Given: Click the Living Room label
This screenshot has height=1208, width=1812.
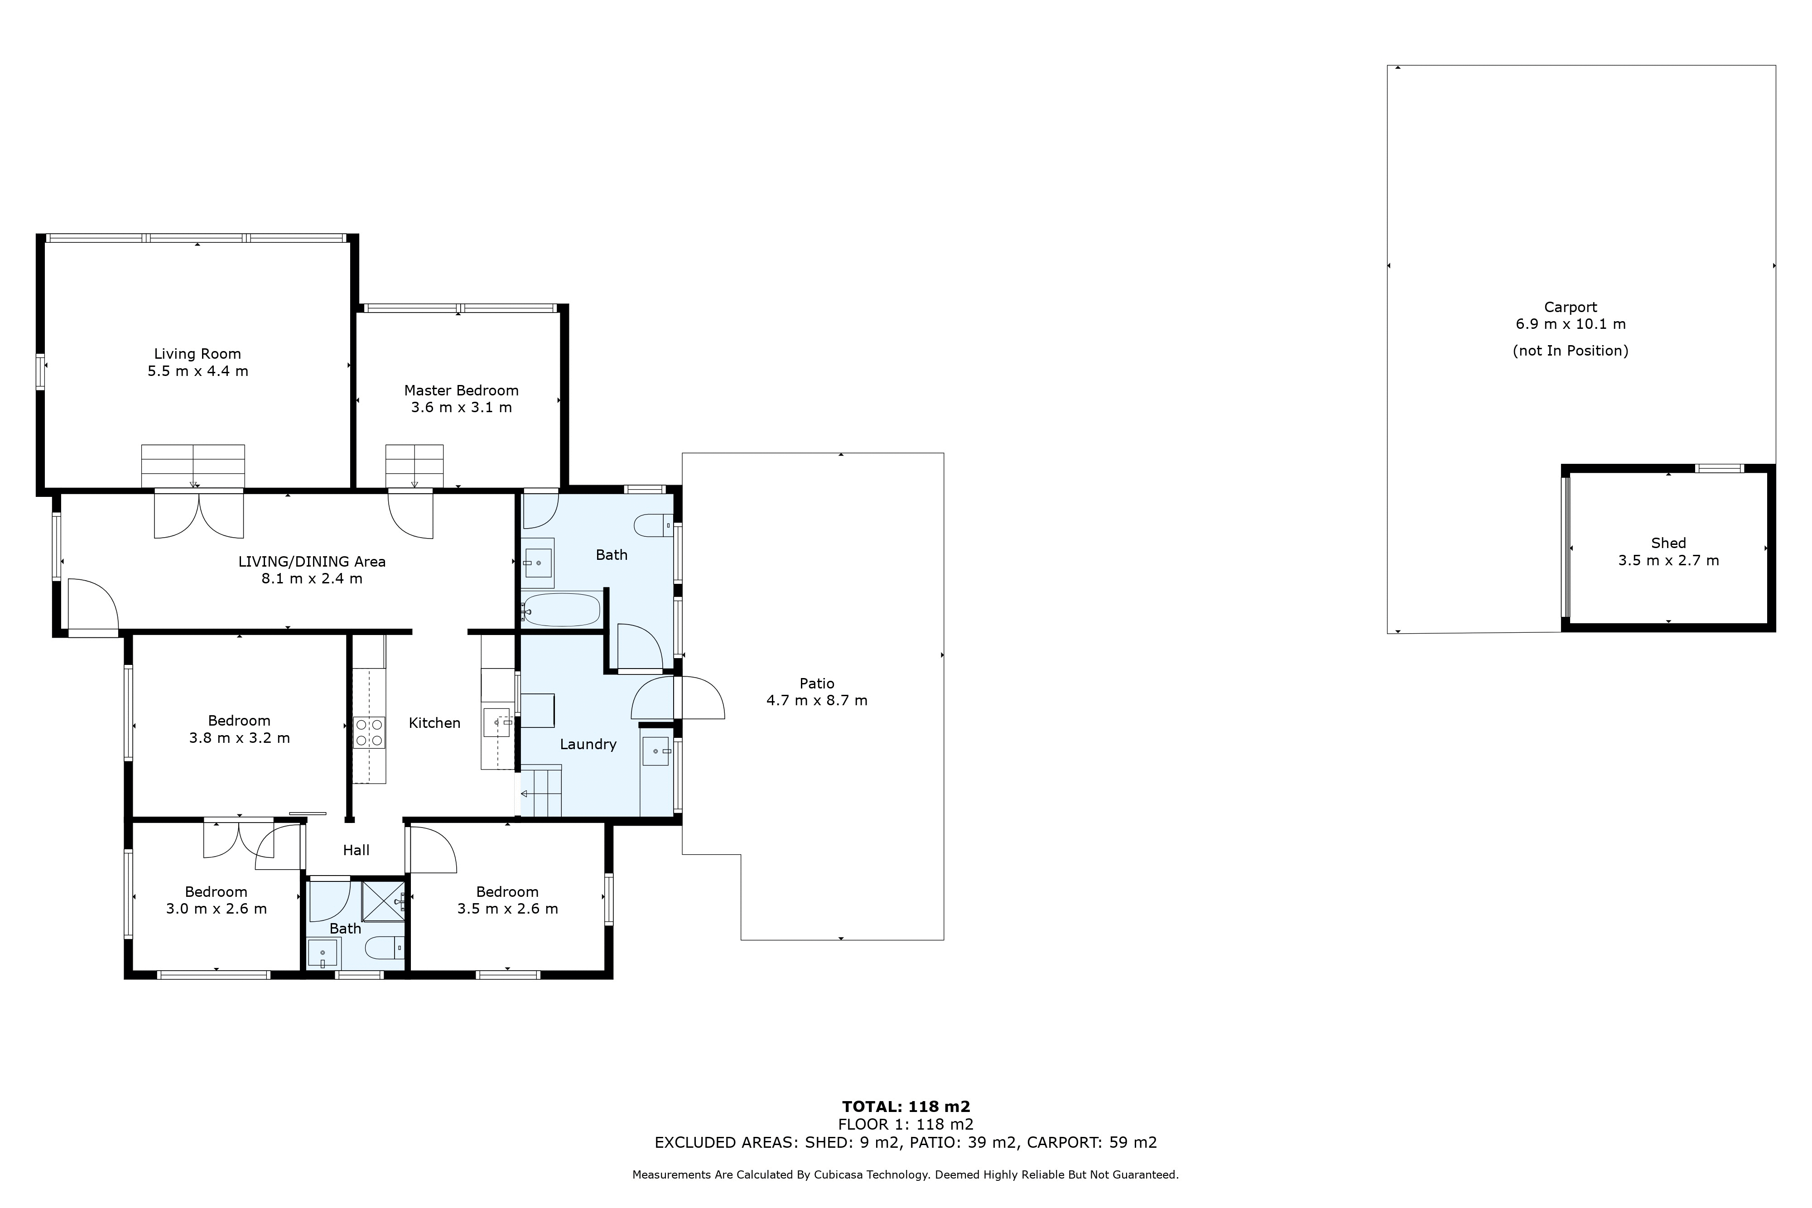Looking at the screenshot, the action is click(197, 354).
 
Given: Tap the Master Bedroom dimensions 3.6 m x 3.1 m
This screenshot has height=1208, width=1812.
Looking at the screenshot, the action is click(462, 408).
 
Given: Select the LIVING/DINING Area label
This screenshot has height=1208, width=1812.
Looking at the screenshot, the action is click(312, 562).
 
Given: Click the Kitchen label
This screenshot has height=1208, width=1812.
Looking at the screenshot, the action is click(434, 722).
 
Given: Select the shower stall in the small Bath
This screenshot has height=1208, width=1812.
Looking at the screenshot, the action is click(384, 899).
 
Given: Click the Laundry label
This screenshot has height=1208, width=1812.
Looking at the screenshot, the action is click(588, 744).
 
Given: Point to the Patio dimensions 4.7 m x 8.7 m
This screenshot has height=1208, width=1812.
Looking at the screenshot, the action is click(817, 700).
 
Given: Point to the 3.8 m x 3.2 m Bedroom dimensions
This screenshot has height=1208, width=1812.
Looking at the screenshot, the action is click(240, 738).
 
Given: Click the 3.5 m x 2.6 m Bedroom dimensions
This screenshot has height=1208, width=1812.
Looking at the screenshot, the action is click(508, 909).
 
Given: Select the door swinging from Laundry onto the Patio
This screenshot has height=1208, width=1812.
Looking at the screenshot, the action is click(699, 697).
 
